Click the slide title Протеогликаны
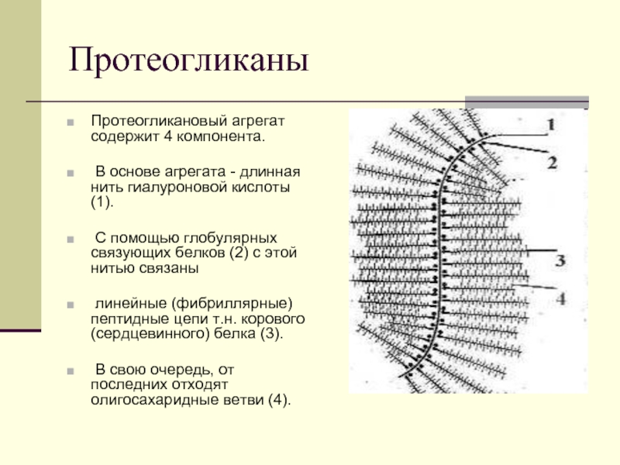click(x=188, y=60)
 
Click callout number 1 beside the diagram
click(x=551, y=125)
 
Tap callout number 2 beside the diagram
click(x=553, y=163)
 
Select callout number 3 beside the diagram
click(x=560, y=260)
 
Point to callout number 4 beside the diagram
click(x=561, y=298)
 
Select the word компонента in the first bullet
click(x=219, y=137)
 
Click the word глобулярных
click(x=230, y=238)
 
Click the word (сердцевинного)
click(x=150, y=334)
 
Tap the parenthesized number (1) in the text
click(x=102, y=202)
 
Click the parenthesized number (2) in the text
click(x=239, y=253)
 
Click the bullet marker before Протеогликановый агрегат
click(x=71, y=122)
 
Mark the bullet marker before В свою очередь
click(x=71, y=371)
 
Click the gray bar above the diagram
click(x=527, y=102)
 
